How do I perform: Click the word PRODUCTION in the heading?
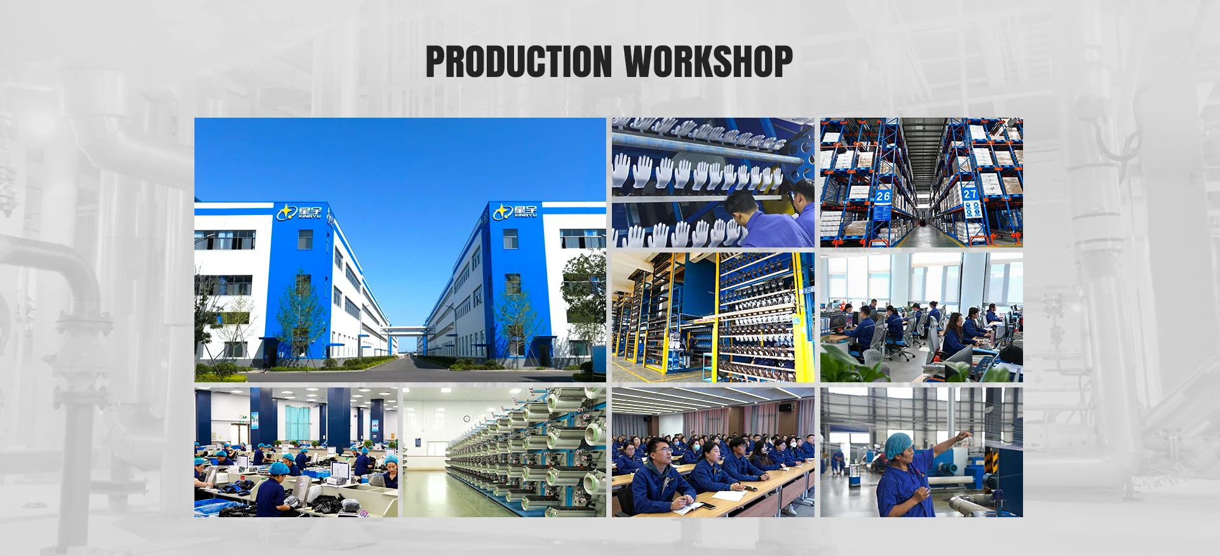tap(518, 62)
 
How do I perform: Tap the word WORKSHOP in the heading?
tap(708, 62)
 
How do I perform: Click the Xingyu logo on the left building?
tap(300, 212)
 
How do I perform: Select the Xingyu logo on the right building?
tap(515, 211)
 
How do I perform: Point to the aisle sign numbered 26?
tap(883, 196)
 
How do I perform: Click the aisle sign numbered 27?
tap(970, 193)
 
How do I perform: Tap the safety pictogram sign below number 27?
tap(972, 209)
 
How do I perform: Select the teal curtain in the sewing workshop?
tap(297, 422)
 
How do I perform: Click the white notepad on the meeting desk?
tap(726, 495)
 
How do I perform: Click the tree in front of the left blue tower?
tap(301, 318)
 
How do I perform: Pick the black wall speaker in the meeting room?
tap(785, 408)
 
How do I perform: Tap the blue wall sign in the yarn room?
tap(416, 441)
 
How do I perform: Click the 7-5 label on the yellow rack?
tap(807, 290)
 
